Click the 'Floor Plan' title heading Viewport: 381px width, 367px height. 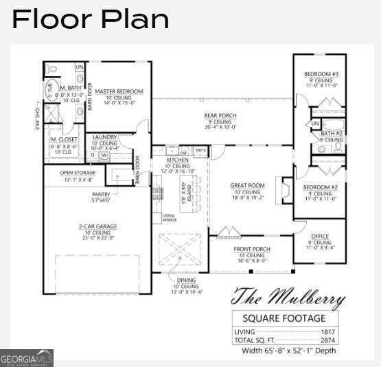[91, 19]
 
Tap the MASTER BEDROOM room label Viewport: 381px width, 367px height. [119, 92]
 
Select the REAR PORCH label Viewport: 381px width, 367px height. [220, 116]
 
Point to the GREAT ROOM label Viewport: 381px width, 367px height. [247, 185]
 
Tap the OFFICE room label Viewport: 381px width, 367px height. [320, 237]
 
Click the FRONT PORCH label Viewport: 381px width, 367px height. [252, 249]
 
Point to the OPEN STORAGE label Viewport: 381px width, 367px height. [77, 173]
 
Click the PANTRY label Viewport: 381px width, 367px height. [101, 194]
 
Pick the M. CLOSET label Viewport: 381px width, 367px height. [62, 140]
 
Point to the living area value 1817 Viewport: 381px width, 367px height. [327, 332]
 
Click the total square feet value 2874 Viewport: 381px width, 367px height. [327, 340]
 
